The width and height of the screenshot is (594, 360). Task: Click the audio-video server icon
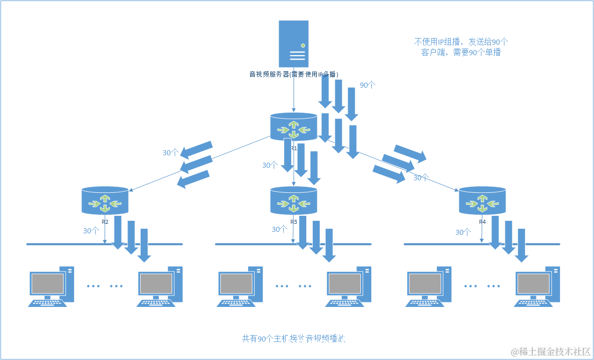tap(294, 44)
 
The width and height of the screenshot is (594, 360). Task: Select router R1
tap(294, 126)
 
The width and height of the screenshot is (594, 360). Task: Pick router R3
tap(294, 200)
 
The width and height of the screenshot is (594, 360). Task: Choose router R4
tap(482, 200)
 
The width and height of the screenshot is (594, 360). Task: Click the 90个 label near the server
tap(368, 85)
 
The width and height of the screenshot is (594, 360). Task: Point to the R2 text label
tap(105, 221)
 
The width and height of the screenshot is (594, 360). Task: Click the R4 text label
tap(482, 221)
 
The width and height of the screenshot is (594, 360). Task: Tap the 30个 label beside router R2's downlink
tap(91, 231)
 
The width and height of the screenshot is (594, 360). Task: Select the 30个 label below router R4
tap(463, 232)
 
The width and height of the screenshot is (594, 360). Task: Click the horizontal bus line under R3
tap(250, 244)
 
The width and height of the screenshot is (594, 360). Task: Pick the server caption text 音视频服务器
tap(294, 75)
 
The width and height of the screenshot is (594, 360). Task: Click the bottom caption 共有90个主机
tap(294, 339)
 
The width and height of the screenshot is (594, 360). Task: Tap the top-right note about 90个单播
tap(461, 47)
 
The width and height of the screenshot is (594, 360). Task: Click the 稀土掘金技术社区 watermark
tap(550, 351)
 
